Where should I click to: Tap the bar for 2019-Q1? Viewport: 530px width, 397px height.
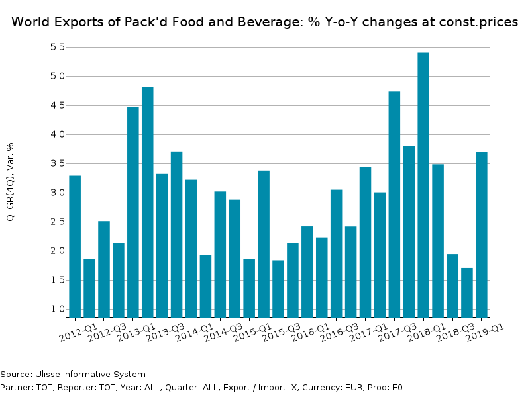click(482, 234)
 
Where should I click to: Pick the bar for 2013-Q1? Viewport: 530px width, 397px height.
click(148, 202)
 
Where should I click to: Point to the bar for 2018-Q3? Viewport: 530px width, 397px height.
click(467, 292)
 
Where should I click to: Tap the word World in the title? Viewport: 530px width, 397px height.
click(32, 22)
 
